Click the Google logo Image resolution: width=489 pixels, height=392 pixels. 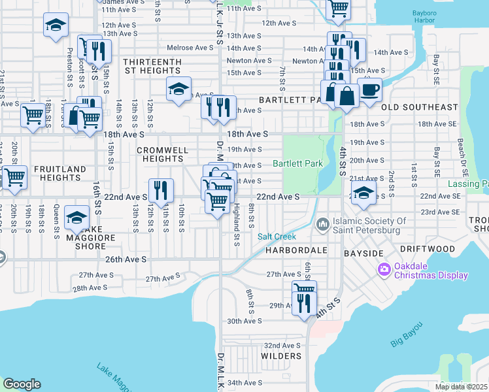[22, 384]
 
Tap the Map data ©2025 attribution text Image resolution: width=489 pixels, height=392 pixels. [461, 387]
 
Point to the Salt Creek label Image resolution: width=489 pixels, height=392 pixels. [277, 237]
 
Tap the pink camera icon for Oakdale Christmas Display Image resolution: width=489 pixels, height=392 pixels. [384, 269]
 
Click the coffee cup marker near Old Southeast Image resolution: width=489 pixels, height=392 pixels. [370, 90]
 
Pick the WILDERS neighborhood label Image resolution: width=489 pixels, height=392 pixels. [281, 356]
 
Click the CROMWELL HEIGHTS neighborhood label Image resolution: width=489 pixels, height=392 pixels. [163, 154]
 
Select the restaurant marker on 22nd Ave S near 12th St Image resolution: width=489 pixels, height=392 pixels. [161, 190]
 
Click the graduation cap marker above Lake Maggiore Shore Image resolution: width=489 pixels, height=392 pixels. [78, 217]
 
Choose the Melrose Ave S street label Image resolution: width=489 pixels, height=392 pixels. [190, 48]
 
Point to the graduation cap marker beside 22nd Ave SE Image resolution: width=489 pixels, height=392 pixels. [363, 193]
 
